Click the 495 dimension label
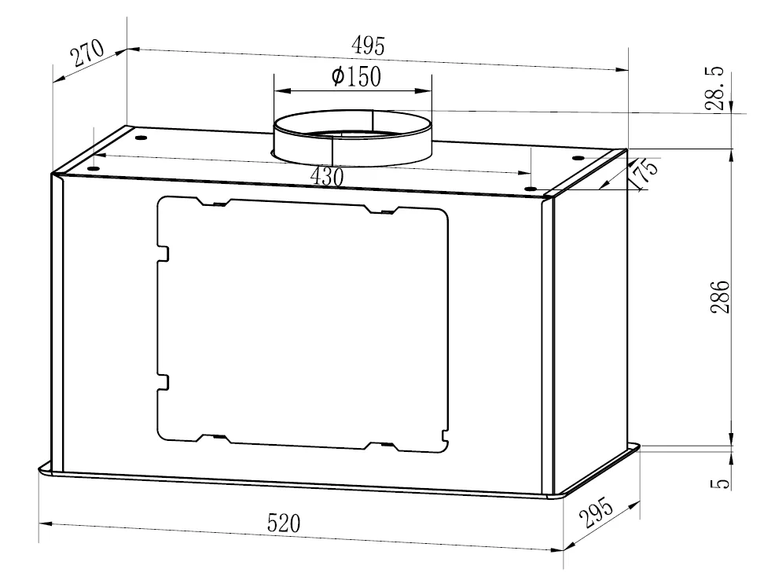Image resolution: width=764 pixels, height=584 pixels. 368,46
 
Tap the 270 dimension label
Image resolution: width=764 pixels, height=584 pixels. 87,52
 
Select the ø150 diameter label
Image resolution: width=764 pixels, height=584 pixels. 356,76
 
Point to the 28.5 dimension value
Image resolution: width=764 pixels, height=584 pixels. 716,90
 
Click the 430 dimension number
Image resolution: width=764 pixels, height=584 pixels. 327,176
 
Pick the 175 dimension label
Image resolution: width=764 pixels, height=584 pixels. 643,174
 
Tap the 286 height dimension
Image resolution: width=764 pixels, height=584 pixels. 720,296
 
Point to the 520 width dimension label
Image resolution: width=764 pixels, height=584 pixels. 284,523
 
